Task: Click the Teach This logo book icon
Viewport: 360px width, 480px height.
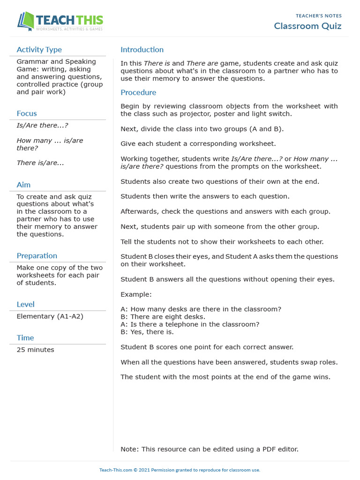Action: point(25,21)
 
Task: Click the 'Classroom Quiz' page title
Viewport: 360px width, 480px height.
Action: point(307,26)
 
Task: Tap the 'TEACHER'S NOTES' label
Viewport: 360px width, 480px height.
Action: point(318,16)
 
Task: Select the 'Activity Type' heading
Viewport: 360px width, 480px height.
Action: point(39,50)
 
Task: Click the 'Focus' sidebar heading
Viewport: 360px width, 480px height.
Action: point(27,113)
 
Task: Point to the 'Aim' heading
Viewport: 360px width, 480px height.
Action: point(23,185)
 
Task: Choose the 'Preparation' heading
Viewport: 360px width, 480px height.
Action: point(37,256)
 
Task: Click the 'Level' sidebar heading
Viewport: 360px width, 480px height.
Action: point(25,305)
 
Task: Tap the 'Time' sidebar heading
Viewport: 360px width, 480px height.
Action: point(25,338)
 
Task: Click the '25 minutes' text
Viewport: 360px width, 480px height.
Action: point(35,350)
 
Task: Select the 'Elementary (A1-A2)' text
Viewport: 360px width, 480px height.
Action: point(50,316)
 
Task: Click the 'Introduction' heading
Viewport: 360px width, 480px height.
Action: point(142,50)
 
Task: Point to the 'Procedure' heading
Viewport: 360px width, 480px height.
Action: point(138,93)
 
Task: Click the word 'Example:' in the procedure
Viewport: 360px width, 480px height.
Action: point(136,294)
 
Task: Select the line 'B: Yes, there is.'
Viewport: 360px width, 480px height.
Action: point(147,332)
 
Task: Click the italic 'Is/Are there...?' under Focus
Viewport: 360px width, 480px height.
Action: point(42,126)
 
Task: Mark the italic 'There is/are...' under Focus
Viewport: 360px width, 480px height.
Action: point(40,163)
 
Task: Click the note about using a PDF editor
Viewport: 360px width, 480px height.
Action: point(209,449)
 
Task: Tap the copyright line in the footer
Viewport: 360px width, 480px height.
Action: point(180,470)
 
